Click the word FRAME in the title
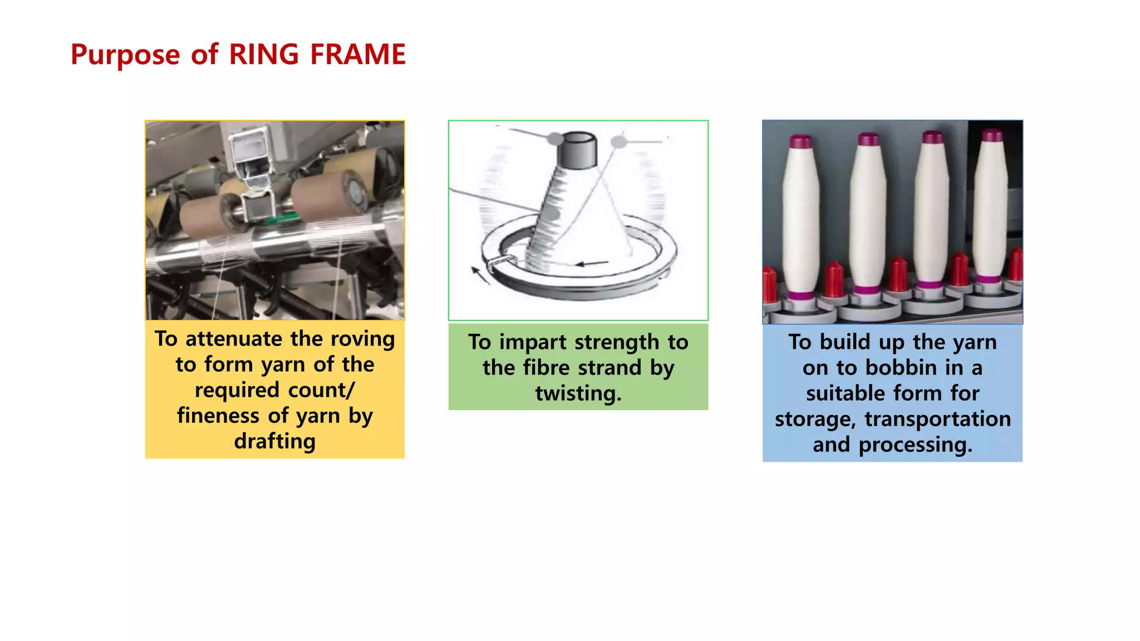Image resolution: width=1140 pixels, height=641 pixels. click(357, 55)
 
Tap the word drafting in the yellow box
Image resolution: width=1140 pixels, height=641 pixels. click(274, 441)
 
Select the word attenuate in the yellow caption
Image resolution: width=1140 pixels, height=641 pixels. click(234, 339)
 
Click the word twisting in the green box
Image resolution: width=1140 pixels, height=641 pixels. click(578, 393)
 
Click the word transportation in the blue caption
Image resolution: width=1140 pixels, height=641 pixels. click(937, 419)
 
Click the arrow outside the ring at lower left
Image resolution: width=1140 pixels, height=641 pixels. click(479, 275)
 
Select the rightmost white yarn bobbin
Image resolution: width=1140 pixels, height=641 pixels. click(991, 209)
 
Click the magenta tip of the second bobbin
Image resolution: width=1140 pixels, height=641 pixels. click(868, 139)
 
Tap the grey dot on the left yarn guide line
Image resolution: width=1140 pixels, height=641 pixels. click(554, 138)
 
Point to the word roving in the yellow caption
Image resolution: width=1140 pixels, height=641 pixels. click(362, 339)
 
